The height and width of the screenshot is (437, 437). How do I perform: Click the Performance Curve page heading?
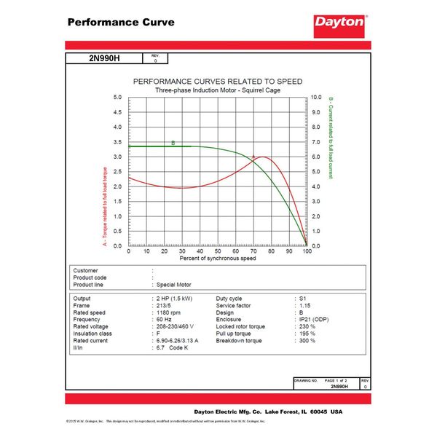pyautogui.click(x=121, y=22)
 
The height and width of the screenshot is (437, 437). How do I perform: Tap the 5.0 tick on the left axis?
pyautogui.click(x=118, y=97)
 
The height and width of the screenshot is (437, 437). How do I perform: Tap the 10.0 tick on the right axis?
pyautogui.click(x=317, y=97)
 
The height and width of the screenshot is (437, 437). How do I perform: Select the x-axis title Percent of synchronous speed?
pyautogui.click(x=218, y=259)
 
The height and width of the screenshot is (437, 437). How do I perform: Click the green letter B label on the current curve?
pyautogui.click(x=173, y=143)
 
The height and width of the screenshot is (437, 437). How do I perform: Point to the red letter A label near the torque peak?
pyautogui.click(x=253, y=157)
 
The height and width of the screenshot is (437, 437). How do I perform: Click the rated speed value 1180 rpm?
pyautogui.click(x=169, y=312)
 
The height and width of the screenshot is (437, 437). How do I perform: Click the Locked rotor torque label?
pyautogui.click(x=241, y=326)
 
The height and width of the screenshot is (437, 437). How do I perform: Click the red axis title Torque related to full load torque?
pyautogui.click(x=105, y=207)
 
